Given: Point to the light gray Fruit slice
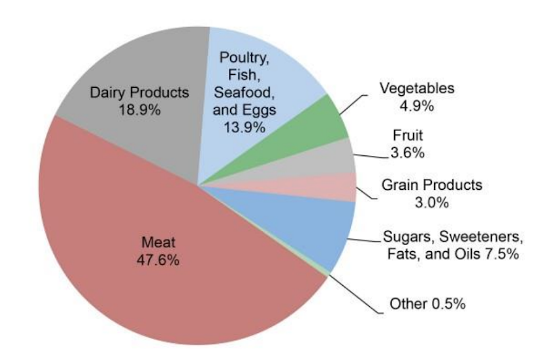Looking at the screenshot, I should (x=337, y=154).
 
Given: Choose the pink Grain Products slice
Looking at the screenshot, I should (x=341, y=186).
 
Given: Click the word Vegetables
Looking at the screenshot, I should (x=416, y=88).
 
